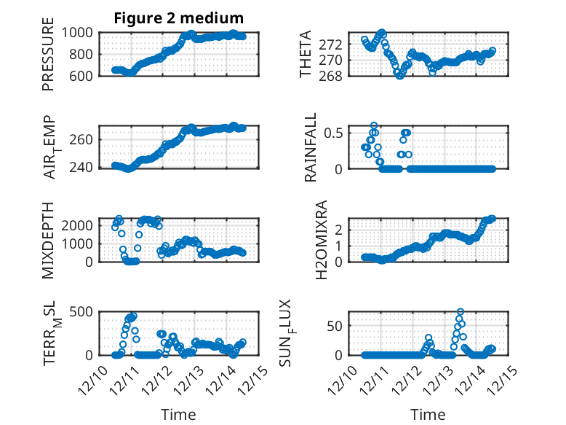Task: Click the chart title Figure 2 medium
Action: pos(178,17)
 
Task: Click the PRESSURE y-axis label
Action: pos(48,59)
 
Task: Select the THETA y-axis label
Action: pos(306,54)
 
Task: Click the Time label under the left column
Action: pos(178,414)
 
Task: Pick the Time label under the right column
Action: pos(428,414)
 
